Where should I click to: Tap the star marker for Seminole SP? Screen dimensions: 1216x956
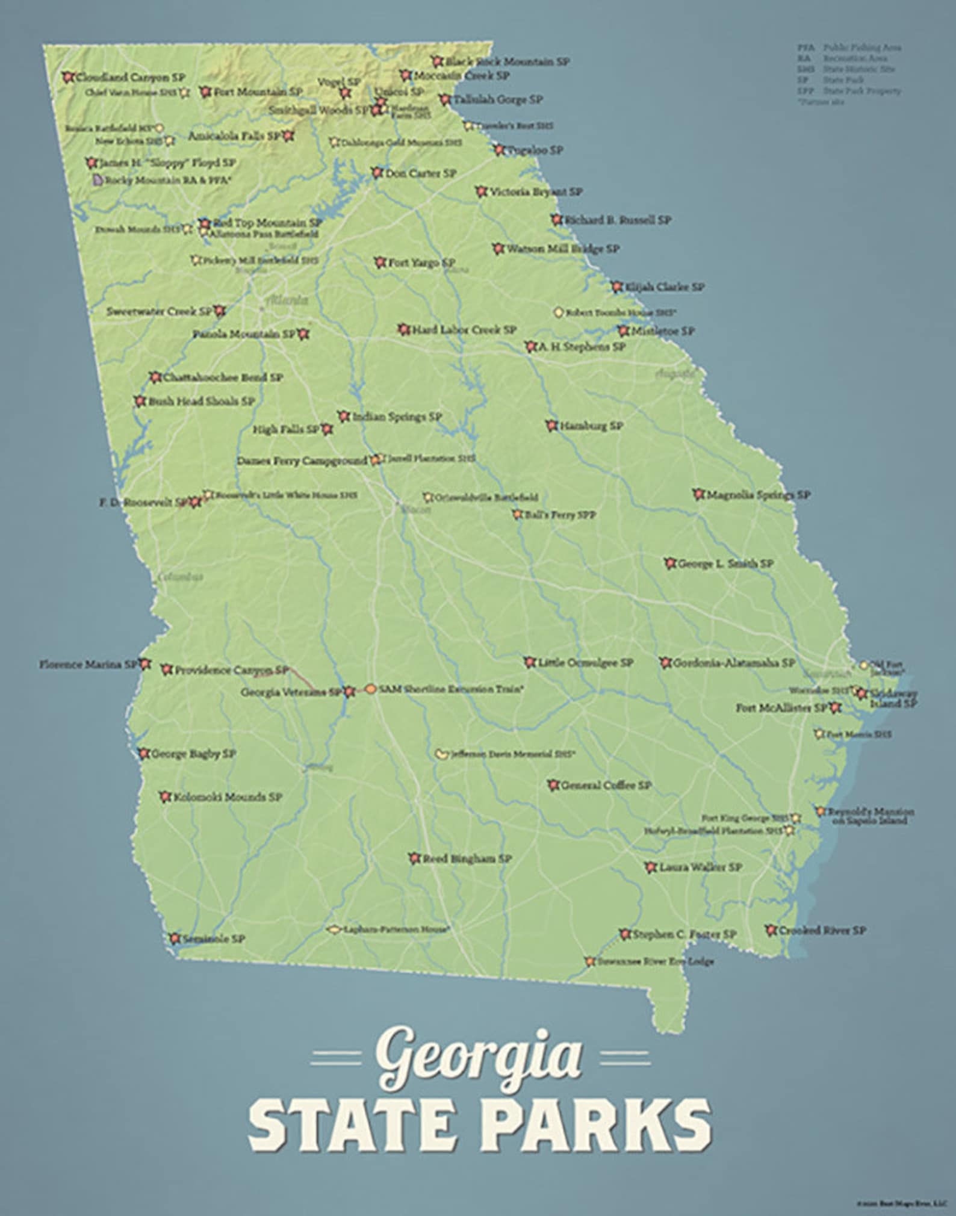click(175, 938)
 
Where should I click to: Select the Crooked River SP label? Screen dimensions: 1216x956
click(822, 930)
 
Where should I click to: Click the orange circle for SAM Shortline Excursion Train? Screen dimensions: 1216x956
click(371, 689)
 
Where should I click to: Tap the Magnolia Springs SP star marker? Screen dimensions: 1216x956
click(698, 495)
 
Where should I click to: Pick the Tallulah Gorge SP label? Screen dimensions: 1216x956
click(498, 100)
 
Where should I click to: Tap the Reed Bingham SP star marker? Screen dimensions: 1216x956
click(414, 859)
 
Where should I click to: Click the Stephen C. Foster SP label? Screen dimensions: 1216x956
click(684, 934)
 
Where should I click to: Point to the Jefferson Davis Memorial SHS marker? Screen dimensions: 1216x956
click(442, 754)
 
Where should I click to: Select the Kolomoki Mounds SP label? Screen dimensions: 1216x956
click(228, 797)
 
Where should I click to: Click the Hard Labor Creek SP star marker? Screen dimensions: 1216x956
click(404, 330)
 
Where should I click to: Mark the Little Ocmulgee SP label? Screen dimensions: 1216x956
click(586, 663)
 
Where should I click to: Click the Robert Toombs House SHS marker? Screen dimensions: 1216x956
click(559, 312)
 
